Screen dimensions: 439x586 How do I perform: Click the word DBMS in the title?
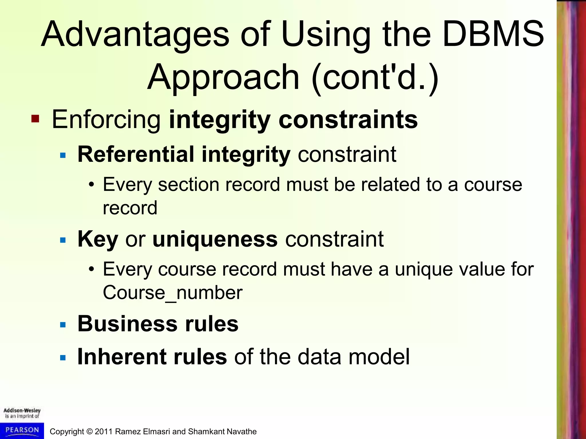point(493,34)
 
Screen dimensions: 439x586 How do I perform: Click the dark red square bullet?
point(35,118)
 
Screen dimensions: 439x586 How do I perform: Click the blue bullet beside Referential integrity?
point(63,156)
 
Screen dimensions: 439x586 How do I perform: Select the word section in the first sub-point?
point(189,185)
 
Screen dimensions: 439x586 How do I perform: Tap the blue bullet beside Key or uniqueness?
point(63,240)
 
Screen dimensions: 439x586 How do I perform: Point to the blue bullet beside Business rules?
point(63,325)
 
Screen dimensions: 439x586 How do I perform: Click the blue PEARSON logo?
point(22,430)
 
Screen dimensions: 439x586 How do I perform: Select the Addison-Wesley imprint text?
point(22,413)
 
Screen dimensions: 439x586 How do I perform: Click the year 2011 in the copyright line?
point(104,432)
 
